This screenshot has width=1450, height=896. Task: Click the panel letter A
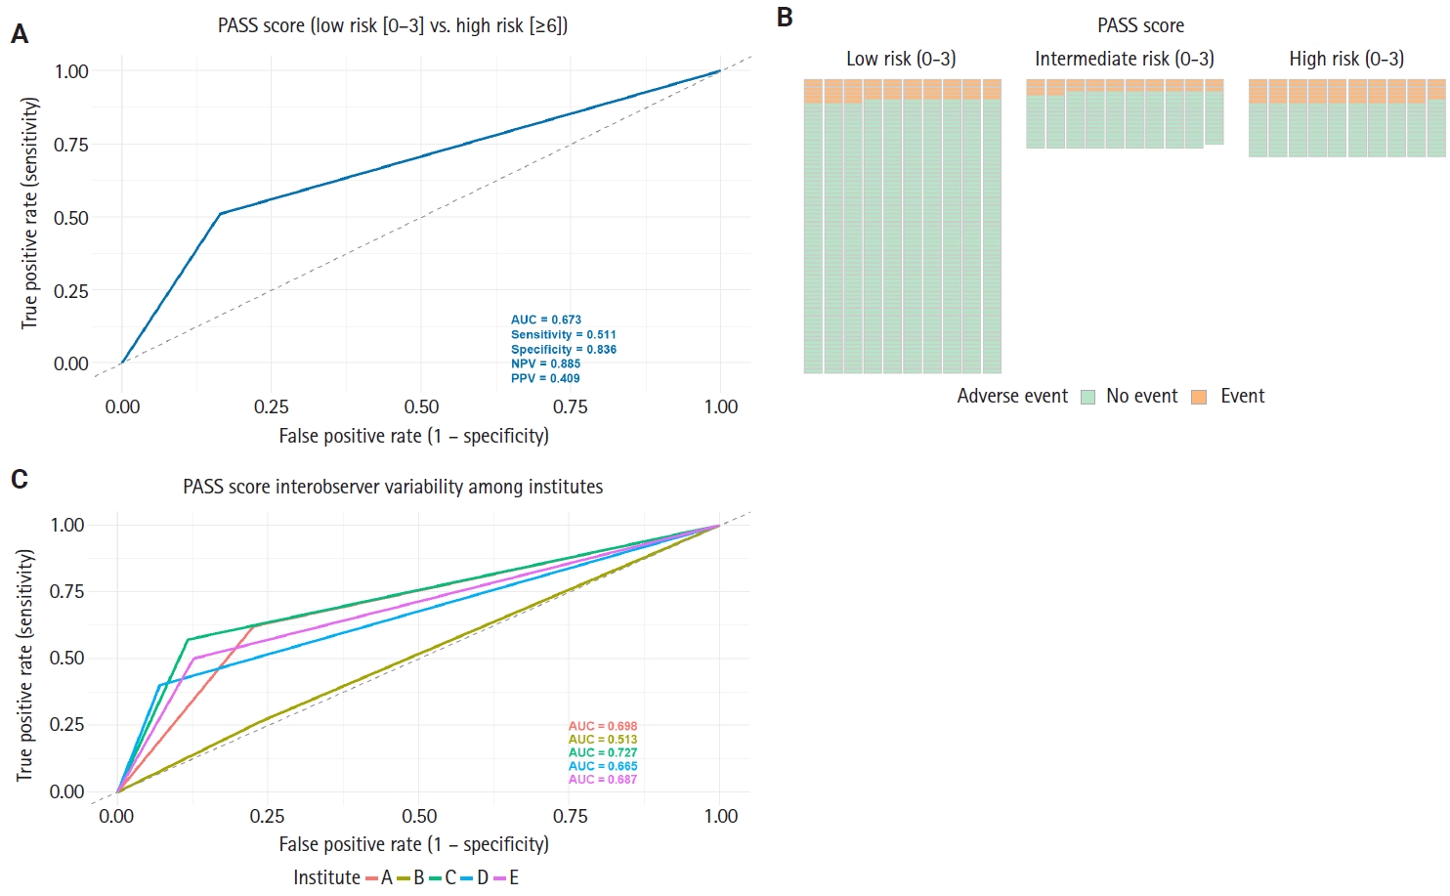[20, 35]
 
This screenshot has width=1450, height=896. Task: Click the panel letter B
[785, 18]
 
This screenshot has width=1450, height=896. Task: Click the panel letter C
[20, 479]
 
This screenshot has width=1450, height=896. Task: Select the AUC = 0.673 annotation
[545, 320]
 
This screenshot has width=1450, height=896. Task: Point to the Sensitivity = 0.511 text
[563, 334]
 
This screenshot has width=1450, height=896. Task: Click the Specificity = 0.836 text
[563, 349]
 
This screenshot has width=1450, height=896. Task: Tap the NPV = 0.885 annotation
[545, 363]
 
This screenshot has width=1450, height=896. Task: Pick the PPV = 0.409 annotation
[545, 378]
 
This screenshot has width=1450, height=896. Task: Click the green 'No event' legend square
[1088, 397]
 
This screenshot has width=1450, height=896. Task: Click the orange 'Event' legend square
[1199, 397]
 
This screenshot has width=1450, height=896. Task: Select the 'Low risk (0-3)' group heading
[901, 60]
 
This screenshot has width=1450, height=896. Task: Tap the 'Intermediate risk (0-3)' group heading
[1125, 60]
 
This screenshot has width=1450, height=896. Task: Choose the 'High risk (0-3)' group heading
[1346, 60]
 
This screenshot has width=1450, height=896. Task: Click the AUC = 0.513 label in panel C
[602, 740]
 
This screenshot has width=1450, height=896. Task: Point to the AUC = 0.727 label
[602, 752]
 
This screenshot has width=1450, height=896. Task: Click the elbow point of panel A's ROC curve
[221, 213]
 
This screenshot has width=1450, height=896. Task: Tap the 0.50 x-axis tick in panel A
[421, 406]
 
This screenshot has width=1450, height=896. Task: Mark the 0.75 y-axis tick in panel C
[67, 591]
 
